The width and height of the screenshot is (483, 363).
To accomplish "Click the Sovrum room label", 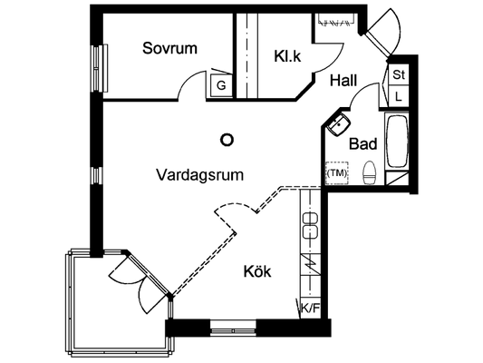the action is (169, 48).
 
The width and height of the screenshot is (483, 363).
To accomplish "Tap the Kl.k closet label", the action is (287, 56).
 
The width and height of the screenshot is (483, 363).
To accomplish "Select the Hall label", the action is (343, 81).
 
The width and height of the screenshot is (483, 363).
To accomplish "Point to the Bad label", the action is (362, 143).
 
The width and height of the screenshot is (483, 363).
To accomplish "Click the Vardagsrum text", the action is (200, 175).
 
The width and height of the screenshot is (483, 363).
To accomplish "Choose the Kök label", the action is (257, 271).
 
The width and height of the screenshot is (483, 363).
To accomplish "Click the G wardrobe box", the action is (221, 85).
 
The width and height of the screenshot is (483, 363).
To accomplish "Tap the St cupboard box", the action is (399, 74).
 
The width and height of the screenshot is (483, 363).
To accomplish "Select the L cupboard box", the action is (399, 96).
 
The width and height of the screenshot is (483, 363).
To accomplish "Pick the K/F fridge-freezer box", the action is (310, 309).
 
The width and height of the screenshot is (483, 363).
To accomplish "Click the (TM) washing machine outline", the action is (337, 173).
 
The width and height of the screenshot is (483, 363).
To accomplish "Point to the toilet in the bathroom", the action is (370, 172).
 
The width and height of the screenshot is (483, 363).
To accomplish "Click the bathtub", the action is (397, 142).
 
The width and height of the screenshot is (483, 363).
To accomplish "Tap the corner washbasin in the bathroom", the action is (338, 124).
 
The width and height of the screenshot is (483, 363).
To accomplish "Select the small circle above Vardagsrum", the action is (227, 140).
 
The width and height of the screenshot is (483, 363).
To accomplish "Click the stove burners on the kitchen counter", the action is (310, 225).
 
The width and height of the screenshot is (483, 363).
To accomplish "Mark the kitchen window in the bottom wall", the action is (233, 328).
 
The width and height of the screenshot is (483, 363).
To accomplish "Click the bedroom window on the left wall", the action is (100, 68).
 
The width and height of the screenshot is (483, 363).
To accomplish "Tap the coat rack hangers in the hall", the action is (336, 21).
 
